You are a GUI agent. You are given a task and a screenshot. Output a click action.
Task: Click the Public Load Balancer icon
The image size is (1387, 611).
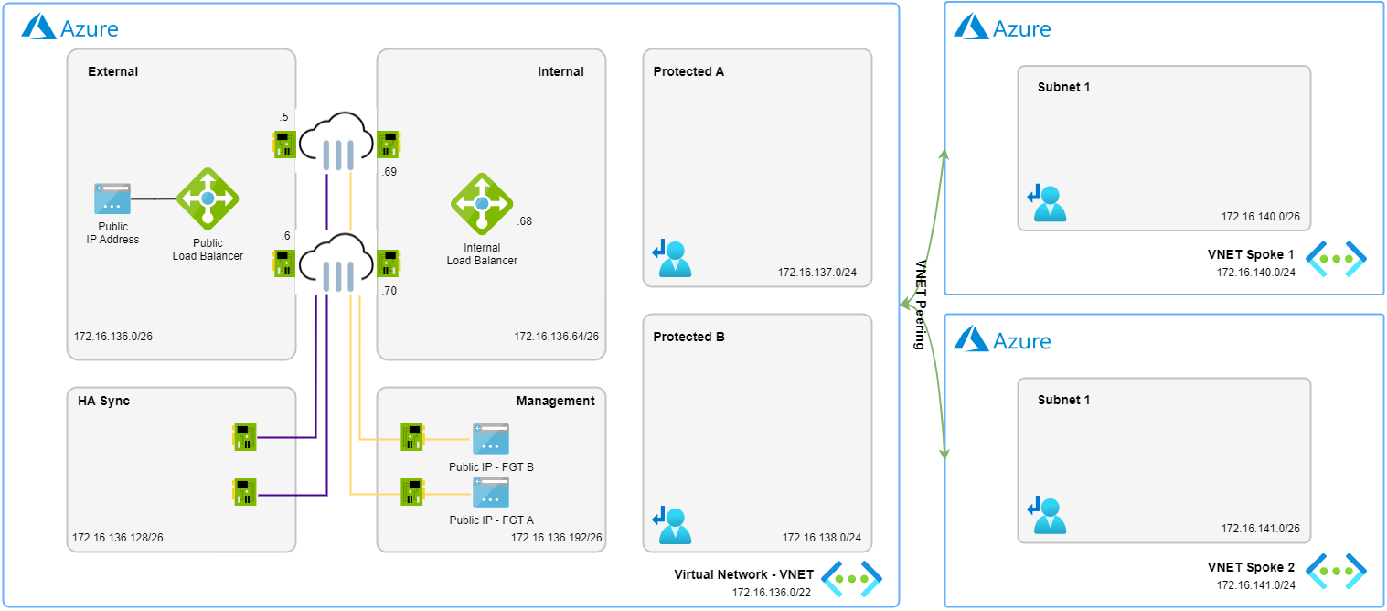coord(208,198)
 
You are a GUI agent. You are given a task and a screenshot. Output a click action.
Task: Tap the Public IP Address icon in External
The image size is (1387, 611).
coord(112,198)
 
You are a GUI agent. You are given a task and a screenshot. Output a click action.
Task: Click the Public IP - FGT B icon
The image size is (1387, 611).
coord(491,439)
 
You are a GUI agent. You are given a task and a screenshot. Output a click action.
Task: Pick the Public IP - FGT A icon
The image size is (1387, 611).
coord(491,492)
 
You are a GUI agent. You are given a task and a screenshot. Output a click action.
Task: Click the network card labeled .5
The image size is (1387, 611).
coord(284,145)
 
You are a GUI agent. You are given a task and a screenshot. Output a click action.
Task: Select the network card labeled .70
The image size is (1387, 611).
coord(389,263)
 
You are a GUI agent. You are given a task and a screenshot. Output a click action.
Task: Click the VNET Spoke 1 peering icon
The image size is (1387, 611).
coord(1335,259)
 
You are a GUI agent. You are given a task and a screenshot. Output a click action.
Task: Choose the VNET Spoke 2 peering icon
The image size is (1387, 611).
coord(1335,571)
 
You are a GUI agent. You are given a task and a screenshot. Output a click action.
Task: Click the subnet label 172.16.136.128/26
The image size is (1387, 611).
coord(118,537)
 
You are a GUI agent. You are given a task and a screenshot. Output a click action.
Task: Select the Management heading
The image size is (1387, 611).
coord(555,401)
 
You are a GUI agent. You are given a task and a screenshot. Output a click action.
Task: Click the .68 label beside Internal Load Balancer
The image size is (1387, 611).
coord(525,221)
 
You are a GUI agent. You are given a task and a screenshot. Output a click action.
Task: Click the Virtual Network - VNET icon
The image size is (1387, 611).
coord(851,578)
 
